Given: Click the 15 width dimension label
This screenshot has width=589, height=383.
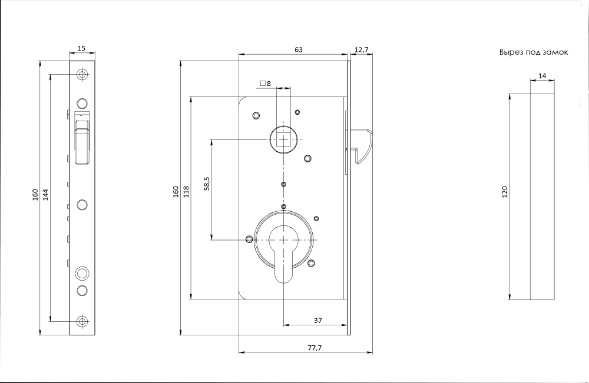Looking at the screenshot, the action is (x=81, y=48).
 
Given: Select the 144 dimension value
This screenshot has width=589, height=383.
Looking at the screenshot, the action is (x=45, y=194).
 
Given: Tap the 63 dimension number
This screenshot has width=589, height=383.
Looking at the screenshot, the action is (x=299, y=49).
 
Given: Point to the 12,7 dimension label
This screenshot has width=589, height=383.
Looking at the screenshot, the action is (x=362, y=49).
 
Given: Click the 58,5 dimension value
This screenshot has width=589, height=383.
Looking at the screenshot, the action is (x=207, y=184).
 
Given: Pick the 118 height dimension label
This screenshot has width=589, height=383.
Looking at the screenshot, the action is (x=186, y=192).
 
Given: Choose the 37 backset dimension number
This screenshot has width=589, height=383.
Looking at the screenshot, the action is (x=318, y=321).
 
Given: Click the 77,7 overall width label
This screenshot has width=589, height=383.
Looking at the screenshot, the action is (x=315, y=348).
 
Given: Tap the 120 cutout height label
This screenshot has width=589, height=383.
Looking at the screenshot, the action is (x=505, y=192).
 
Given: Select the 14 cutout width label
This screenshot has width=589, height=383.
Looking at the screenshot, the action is (x=542, y=76).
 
